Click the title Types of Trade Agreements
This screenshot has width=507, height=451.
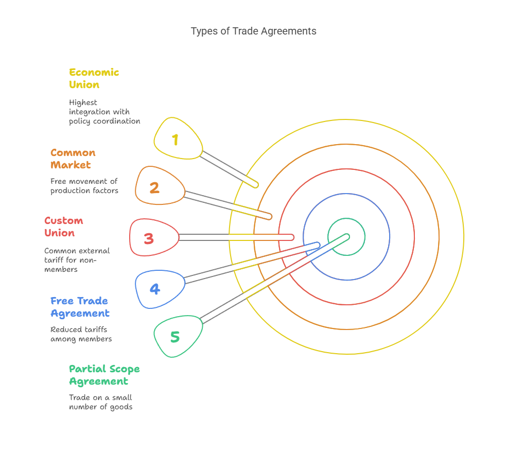pyautogui.click(x=253, y=31)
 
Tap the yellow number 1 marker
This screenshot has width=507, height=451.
pyautogui.click(x=178, y=138)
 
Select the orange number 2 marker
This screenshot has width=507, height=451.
pyautogui.click(x=160, y=186)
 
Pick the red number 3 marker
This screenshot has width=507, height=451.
pyautogui.click(x=154, y=238)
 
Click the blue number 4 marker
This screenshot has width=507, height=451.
pyautogui.click(x=160, y=289)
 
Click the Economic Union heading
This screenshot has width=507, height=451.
pyautogui.click(x=94, y=78)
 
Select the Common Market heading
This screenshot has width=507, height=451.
pyautogui.click(x=73, y=159)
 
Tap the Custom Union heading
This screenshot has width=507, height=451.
pyautogui.click(x=64, y=227)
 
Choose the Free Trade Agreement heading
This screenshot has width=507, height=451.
pyautogui.click(x=80, y=307)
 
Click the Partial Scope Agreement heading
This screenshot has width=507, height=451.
pyautogui.click(x=104, y=375)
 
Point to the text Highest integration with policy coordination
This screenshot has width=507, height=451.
pyautogui.click(x=104, y=112)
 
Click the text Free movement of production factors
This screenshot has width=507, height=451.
pyautogui.click(x=84, y=186)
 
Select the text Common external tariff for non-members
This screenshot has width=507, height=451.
pyautogui.click(x=77, y=260)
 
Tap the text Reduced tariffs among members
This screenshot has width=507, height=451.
pyautogui.click(x=81, y=334)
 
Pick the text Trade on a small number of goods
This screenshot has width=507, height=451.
pyautogui.click(x=100, y=402)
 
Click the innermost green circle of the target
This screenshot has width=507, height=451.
pyautogui.click(x=346, y=218)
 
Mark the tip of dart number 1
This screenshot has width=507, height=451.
pyautogui.click(x=257, y=186)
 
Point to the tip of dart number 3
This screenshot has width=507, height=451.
pyautogui.click(x=292, y=237)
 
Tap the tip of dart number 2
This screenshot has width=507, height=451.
pyautogui.click(x=270, y=217)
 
